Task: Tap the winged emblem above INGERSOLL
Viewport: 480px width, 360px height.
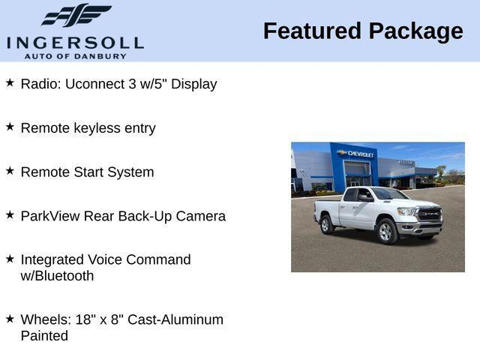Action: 76,15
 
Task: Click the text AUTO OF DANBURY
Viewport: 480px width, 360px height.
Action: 75,56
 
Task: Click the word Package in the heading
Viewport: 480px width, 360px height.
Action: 416,31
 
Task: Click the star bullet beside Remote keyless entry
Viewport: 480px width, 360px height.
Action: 10,127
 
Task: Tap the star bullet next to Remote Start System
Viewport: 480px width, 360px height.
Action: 10,170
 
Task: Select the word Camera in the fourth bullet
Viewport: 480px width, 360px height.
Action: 202,216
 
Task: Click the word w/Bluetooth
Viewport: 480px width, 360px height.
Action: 57,276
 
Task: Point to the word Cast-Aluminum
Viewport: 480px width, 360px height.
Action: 175,319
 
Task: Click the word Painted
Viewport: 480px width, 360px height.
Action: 44,336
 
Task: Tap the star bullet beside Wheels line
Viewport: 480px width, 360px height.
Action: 10,318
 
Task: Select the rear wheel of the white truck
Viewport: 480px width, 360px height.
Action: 327,223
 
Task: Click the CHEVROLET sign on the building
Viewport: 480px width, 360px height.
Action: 360,154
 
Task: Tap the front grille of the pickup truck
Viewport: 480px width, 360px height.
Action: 429,214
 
